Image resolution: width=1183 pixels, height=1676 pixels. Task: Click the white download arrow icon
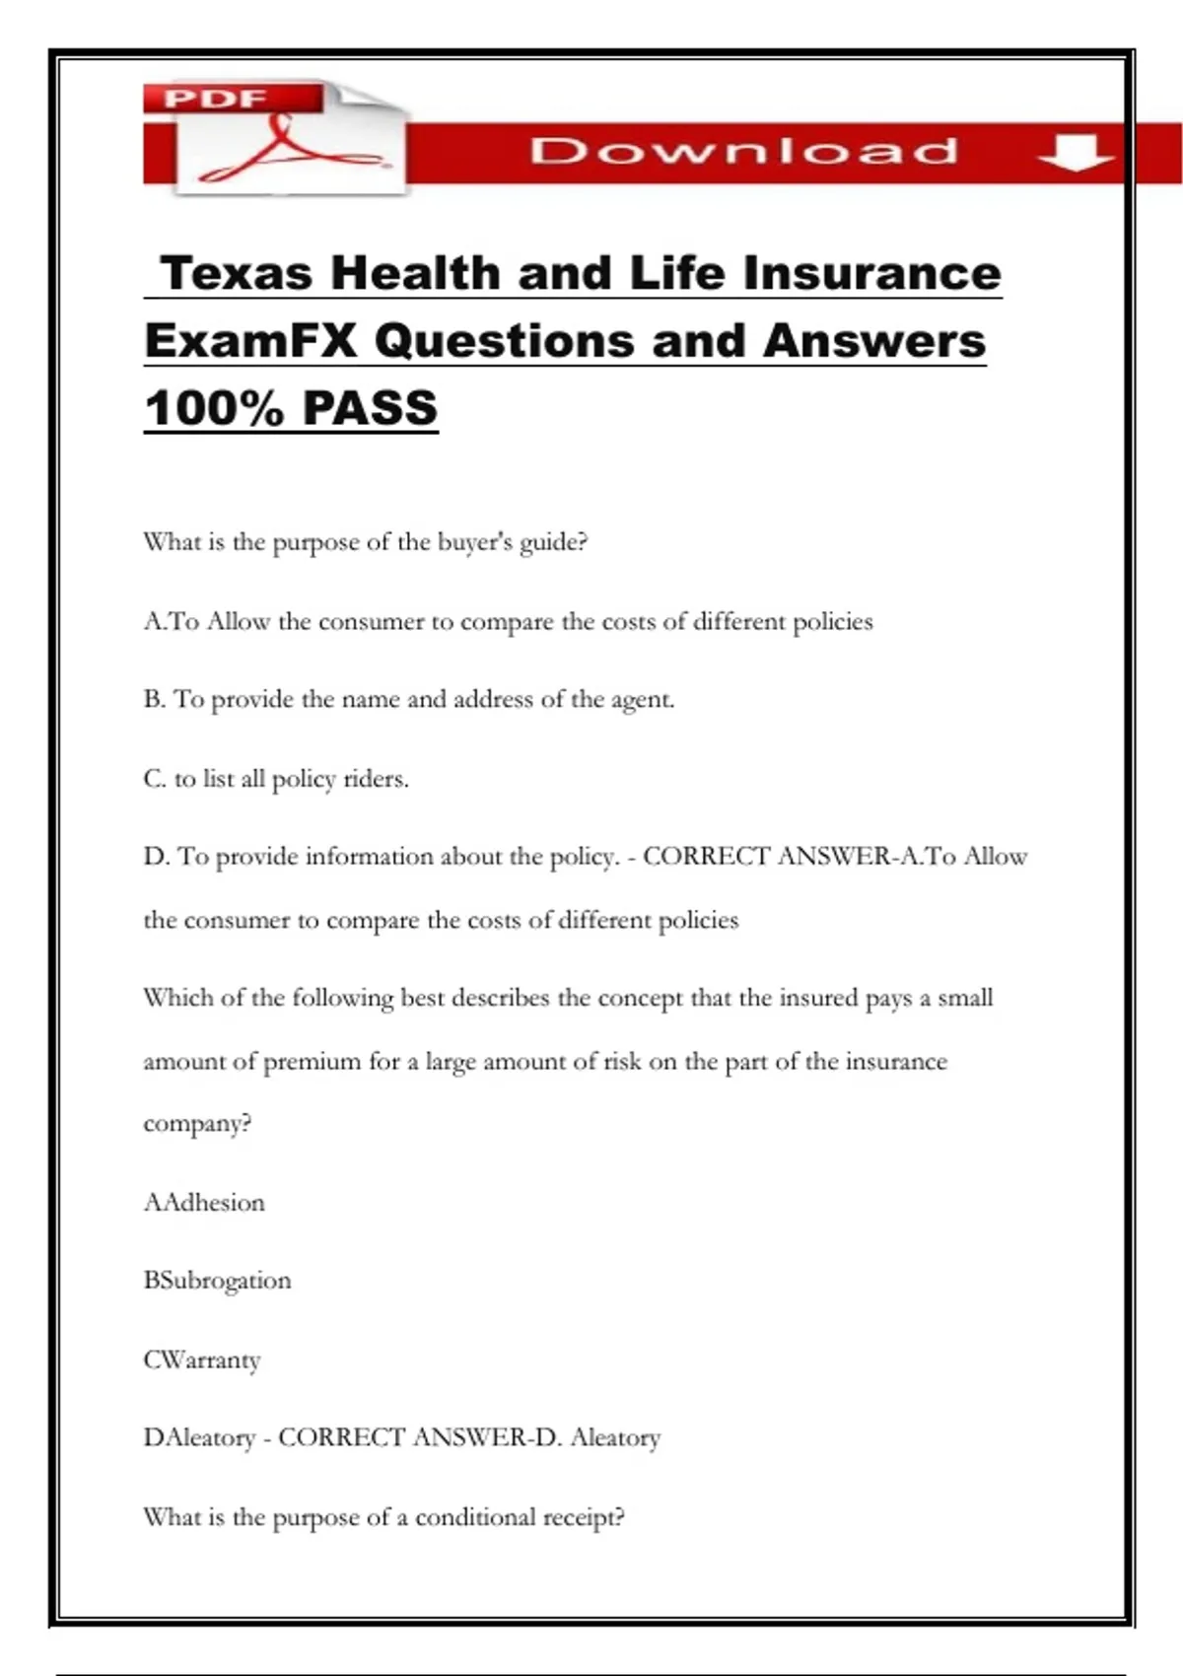coord(1076,153)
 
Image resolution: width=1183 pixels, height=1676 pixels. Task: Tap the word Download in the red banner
coord(743,151)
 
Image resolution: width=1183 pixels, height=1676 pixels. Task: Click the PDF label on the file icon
coord(216,99)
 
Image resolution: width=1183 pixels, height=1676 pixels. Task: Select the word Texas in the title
coord(237,273)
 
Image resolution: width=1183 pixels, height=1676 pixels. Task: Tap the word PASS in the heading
coord(370,408)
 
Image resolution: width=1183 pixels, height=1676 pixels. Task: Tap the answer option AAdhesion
coord(204,1203)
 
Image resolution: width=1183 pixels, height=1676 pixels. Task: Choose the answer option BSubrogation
coord(217,1281)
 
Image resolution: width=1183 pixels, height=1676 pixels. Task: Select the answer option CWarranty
coord(202,1360)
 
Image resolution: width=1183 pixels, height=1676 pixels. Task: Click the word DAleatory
coord(199,1437)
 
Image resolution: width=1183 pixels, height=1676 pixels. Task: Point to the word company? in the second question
coord(197,1124)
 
